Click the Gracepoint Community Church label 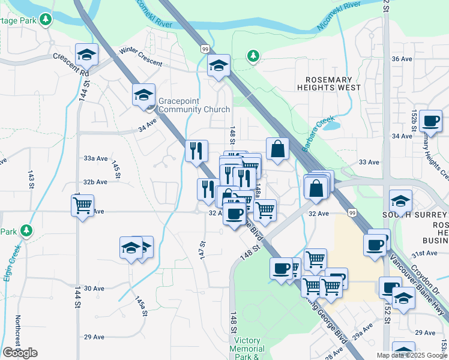[x=194, y=105]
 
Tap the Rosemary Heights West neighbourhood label [x=329, y=83]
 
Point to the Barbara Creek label [x=317, y=133]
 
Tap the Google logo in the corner [x=20, y=353]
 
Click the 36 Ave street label [x=402, y=59]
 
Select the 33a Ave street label [x=95, y=158]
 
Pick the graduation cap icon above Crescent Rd [x=87, y=55]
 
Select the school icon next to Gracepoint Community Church [x=143, y=95]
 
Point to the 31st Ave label [x=424, y=253]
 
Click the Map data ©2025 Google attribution [x=412, y=355]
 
